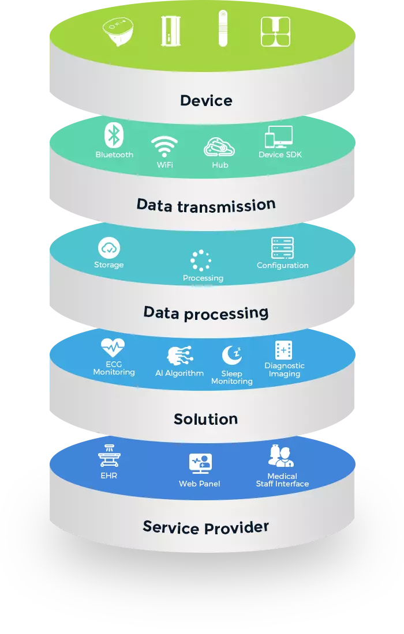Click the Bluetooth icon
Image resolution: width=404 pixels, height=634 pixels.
click(114, 135)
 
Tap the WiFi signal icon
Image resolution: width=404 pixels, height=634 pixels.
click(164, 147)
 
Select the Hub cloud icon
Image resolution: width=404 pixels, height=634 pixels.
click(219, 147)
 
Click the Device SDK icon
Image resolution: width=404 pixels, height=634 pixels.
click(279, 137)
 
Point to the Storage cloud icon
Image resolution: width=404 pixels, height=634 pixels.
click(109, 248)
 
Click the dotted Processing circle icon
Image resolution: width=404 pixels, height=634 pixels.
click(201, 261)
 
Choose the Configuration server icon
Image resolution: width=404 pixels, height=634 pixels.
click(283, 248)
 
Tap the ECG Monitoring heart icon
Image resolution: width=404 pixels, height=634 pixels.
click(113, 348)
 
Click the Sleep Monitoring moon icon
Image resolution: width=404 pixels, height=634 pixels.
click(231, 356)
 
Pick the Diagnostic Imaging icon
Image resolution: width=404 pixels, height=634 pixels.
click(283, 350)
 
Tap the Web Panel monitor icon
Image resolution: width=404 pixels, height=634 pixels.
click(200, 464)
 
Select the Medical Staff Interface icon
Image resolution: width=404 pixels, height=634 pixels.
click(281, 456)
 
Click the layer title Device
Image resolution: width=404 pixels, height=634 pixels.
click(206, 100)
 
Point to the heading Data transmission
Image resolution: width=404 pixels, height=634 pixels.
click(206, 205)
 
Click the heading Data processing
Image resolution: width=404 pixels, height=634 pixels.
click(206, 312)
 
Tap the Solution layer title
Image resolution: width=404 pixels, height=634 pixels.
click(206, 418)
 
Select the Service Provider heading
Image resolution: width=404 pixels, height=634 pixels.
click(206, 527)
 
